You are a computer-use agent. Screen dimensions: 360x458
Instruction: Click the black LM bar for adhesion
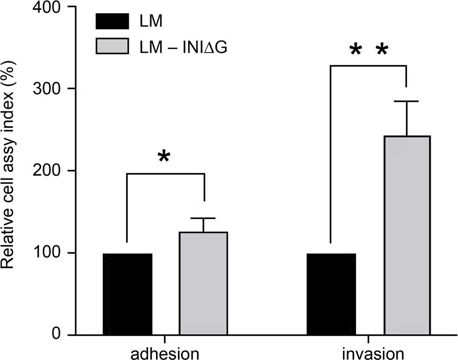point(128,294)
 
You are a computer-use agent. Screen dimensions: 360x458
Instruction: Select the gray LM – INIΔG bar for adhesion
point(203,283)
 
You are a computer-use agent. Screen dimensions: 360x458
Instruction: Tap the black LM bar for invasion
point(331,294)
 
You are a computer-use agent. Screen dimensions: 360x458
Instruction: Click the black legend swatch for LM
point(112,22)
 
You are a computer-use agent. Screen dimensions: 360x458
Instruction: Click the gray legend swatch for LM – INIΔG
point(112,46)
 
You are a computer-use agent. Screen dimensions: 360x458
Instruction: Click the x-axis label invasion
point(369,353)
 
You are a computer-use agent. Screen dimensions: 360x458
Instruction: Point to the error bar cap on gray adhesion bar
point(203,218)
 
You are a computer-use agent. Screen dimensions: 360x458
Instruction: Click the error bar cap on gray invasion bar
point(407,101)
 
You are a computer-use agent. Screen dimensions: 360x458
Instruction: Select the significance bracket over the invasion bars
point(368,66)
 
